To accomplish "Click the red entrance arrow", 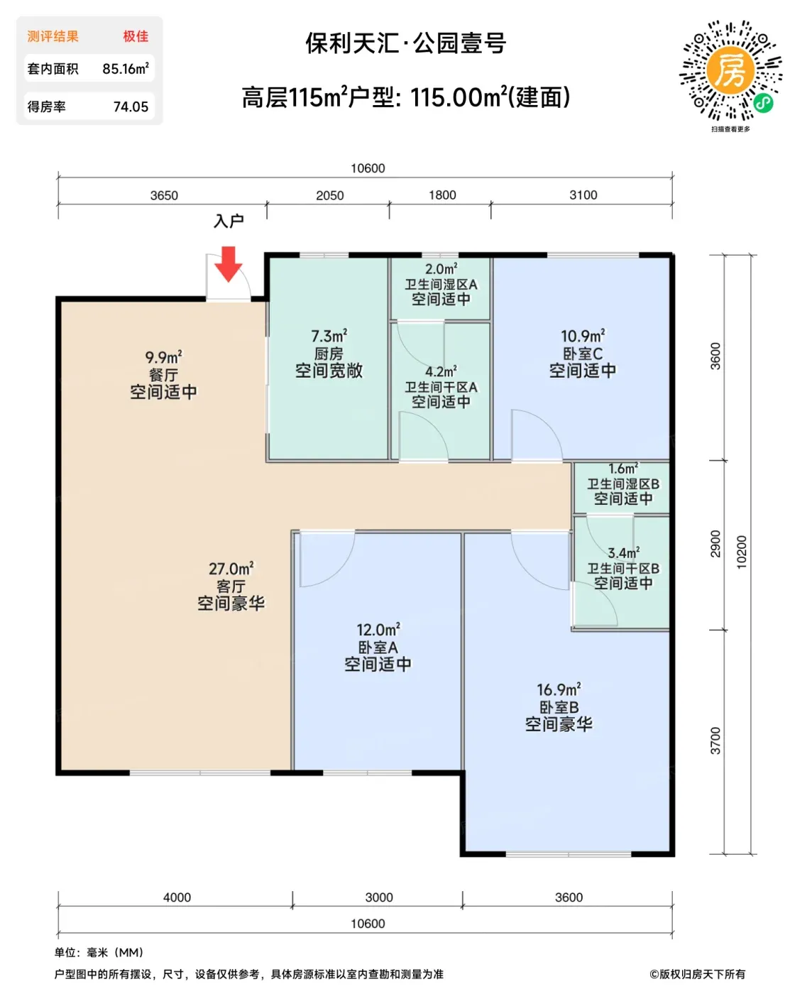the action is click(228, 264).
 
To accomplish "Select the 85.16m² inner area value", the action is click(126, 68).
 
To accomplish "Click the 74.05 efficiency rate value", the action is click(131, 106).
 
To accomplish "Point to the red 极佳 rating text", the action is click(136, 36).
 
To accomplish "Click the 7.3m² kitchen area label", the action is click(329, 336).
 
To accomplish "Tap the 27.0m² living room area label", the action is click(231, 569).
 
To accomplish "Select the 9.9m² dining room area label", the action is click(163, 357).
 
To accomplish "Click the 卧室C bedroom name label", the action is click(583, 354).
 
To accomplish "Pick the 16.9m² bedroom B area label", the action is click(559, 689).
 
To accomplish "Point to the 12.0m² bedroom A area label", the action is click(378, 630).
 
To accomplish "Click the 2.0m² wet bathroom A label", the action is click(441, 269).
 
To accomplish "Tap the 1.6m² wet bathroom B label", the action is click(622, 469).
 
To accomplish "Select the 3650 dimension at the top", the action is click(164, 195).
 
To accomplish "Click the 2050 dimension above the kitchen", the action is click(329, 195).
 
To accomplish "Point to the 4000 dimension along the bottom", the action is click(177, 897).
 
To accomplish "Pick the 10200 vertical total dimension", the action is click(741, 552).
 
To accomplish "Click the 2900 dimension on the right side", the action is click(715, 543).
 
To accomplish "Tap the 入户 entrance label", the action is click(229, 221).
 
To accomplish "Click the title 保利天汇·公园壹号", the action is click(406, 43).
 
